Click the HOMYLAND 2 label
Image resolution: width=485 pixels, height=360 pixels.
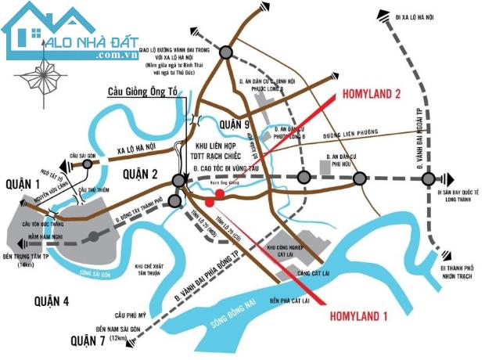pyautogui.click(x=372, y=94)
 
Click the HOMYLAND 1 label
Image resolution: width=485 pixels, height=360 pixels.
pyautogui.click(x=362, y=317)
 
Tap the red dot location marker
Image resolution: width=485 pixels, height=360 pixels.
pyautogui.click(x=221, y=193)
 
